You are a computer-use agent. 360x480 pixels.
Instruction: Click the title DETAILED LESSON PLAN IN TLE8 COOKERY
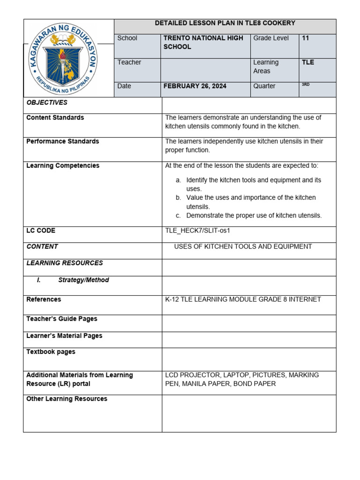(225, 23)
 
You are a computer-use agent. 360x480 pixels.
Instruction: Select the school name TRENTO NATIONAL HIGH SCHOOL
(203, 42)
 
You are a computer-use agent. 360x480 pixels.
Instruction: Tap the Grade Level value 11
(306, 38)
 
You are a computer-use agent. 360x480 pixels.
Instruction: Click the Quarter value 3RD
(306, 85)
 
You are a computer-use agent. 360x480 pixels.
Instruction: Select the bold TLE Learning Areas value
(308, 62)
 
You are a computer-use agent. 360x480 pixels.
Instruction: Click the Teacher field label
(129, 62)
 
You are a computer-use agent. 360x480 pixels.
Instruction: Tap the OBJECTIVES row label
(47, 102)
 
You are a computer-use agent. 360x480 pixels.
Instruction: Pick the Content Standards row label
(55, 117)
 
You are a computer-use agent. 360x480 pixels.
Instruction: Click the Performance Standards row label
(63, 141)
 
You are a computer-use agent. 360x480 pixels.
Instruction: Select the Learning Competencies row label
(63, 165)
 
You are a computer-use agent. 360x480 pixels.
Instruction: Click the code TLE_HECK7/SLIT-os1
(198, 231)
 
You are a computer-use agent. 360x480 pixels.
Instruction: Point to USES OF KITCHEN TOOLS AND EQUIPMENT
(243, 247)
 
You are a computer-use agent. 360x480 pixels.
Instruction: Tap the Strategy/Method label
(83, 280)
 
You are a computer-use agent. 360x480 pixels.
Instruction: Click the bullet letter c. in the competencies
(179, 216)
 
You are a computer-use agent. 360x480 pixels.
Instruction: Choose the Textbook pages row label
(51, 352)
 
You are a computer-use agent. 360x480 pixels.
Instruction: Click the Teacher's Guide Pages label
(62, 319)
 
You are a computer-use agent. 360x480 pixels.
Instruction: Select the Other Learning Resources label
(67, 398)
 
